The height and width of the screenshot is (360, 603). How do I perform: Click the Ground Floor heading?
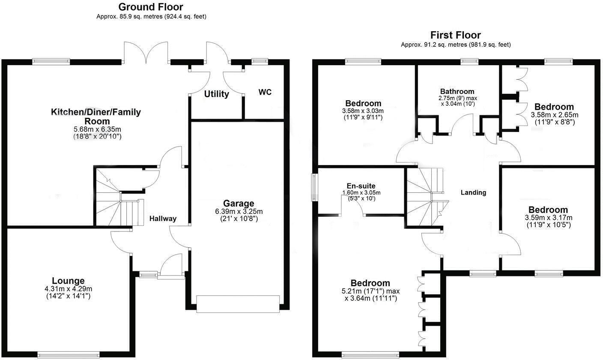[150, 7]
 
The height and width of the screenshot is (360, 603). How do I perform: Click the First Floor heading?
[456, 35]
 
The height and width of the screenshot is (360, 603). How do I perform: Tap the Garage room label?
[238, 204]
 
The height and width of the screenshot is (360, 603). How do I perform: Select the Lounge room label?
[68, 281]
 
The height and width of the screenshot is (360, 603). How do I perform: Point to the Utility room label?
[216, 94]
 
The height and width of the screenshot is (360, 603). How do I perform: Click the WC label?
[265, 92]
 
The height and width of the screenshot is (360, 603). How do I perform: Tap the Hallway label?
[163, 219]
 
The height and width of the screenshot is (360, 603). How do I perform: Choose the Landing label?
[473, 192]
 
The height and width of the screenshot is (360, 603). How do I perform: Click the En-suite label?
[361, 186]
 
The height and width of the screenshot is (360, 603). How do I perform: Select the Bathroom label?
[457, 91]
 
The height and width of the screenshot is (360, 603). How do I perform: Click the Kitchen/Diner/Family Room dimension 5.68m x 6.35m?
[96, 129]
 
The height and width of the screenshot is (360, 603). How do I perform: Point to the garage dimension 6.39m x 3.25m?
[238, 212]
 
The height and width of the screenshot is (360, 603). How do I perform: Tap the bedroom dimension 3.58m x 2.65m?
[554, 115]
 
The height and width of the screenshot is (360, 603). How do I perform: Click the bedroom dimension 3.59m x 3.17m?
[548, 218]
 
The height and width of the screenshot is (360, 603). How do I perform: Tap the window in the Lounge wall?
[69, 354]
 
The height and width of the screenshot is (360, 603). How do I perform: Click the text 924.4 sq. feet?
[188, 16]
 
